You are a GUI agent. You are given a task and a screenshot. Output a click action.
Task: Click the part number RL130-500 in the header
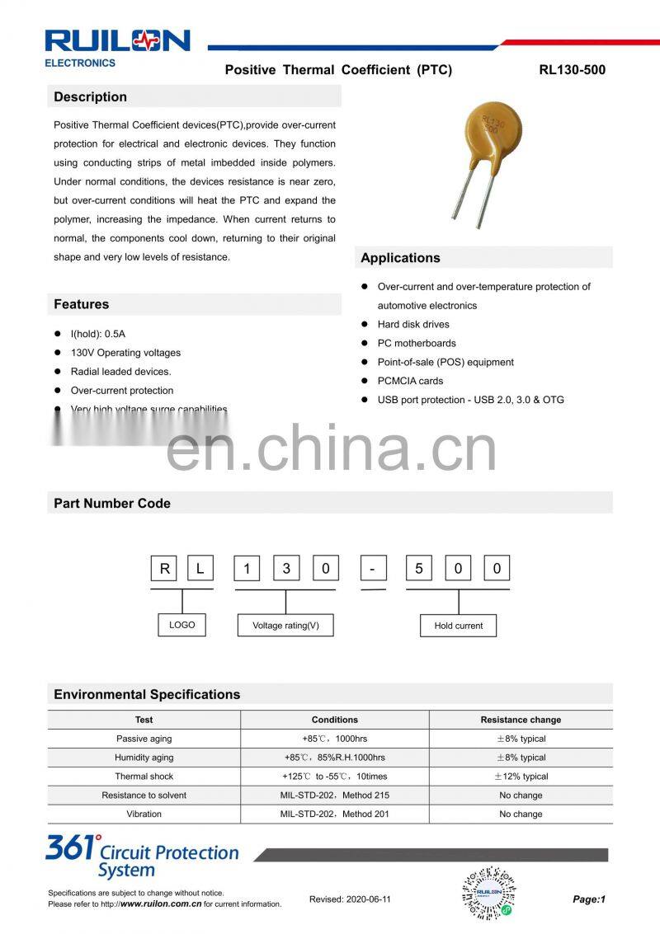[572, 70]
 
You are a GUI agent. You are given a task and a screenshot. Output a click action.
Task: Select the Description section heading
[91, 97]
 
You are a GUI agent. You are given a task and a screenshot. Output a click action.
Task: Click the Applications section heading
[400, 258]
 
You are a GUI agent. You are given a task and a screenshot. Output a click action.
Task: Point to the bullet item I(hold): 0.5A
[98, 334]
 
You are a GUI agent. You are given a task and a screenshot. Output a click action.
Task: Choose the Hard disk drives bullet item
[413, 325]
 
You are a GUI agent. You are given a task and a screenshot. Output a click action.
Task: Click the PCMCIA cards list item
[410, 381]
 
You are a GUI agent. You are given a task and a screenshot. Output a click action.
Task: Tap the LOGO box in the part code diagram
[182, 625]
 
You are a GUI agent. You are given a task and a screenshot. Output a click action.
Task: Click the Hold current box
[458, 626]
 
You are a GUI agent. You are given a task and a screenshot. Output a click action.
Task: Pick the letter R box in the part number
[165, 569]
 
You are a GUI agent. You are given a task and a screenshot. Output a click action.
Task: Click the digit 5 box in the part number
[420, 569]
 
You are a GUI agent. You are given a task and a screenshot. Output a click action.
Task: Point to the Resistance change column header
[521, 720]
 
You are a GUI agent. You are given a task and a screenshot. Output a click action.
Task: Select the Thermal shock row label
[144, 777]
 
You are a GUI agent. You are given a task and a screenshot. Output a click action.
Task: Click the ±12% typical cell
[521, 777]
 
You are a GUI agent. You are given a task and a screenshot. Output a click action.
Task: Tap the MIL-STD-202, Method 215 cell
[335, 796]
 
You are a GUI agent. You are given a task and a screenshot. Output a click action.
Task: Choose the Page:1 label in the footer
[589, 899]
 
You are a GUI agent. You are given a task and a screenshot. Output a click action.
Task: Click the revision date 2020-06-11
[350, 899]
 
